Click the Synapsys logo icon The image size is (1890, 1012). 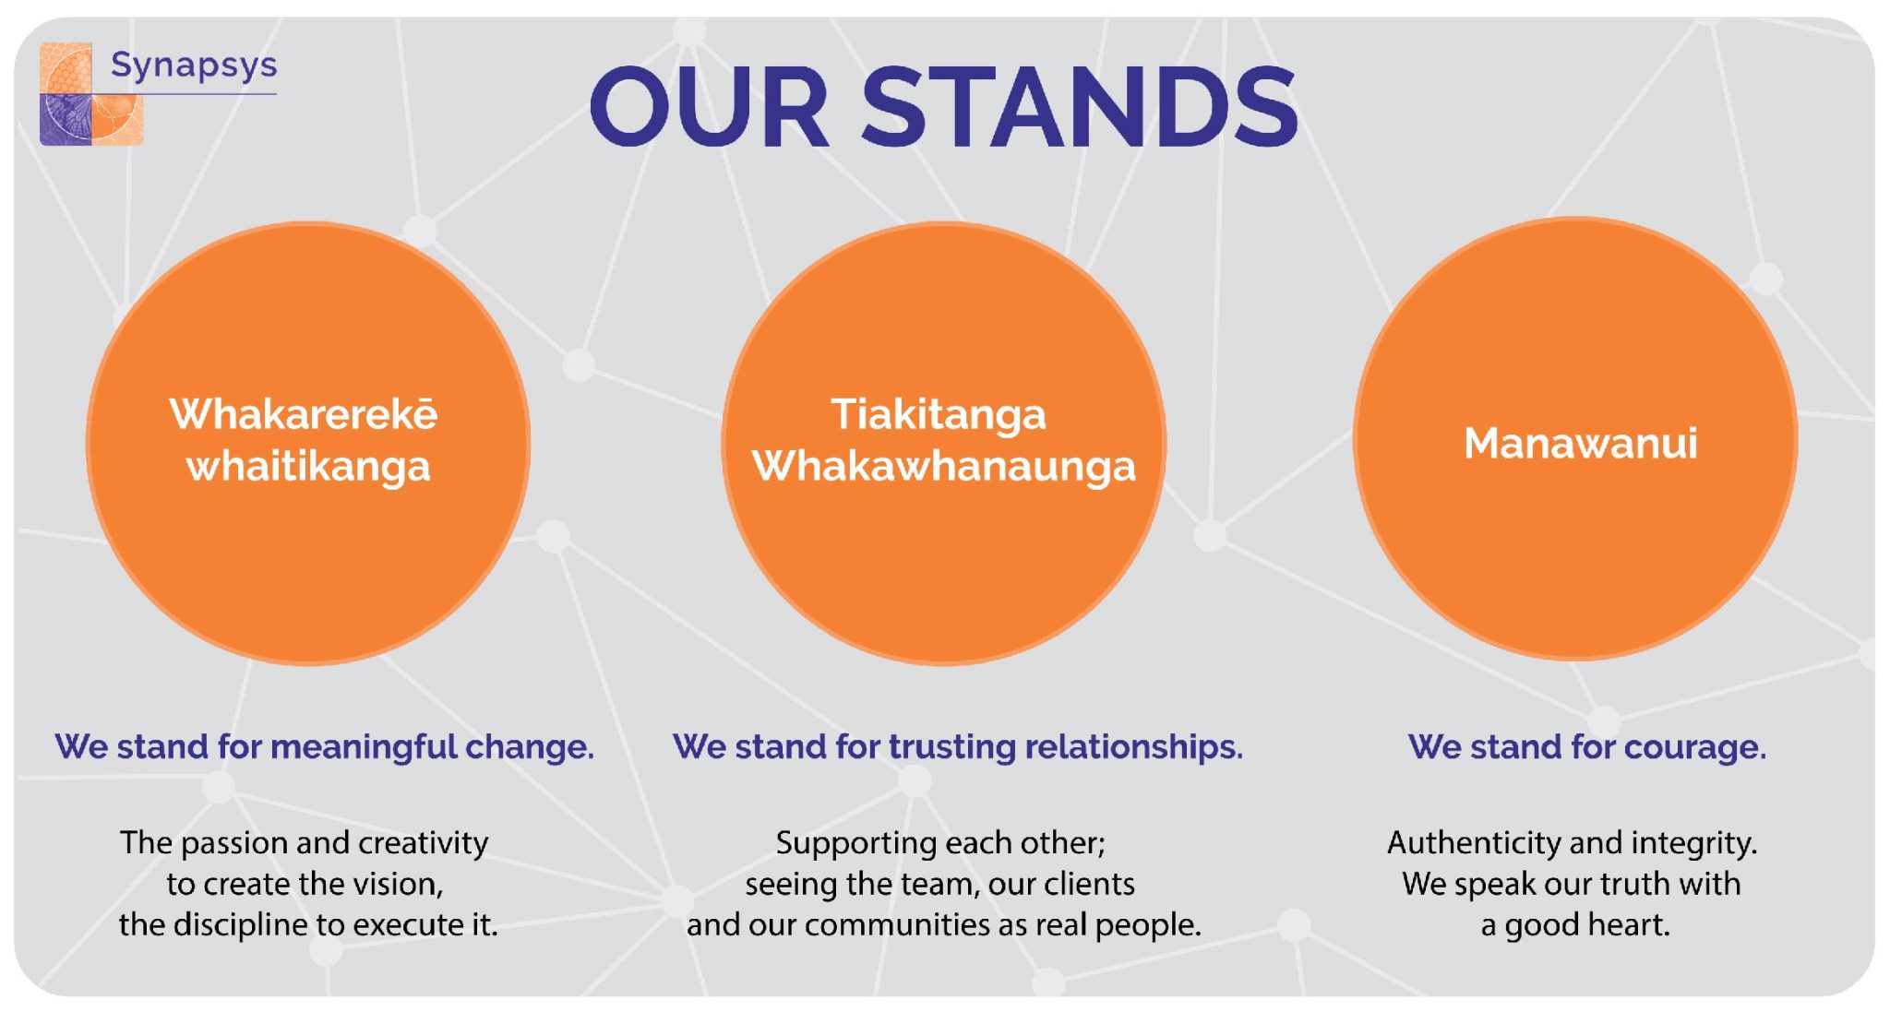pos(91,93)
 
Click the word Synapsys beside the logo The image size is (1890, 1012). pos(194,65)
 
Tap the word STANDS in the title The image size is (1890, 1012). pos(1080,107)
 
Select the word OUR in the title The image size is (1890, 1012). pos(709,107)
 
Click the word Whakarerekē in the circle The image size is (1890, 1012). pos(304,413)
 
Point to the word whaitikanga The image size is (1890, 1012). pos(308,467)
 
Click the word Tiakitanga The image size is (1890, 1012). pos(939,415)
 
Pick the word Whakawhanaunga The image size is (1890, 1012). pos(944,467)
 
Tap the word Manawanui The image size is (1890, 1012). pos(1581,443)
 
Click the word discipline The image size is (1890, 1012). pos(231,924)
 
